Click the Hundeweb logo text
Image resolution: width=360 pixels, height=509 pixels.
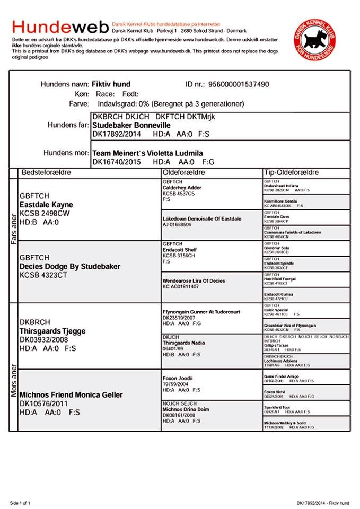click(60, 27)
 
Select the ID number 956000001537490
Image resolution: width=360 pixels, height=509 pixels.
click(239, 84)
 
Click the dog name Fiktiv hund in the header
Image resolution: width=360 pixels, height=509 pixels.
click(111, 84)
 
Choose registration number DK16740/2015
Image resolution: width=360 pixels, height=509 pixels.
click(115, 162)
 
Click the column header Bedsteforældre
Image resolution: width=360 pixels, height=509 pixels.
click(46, 173)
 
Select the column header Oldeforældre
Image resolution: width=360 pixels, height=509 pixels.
click(183, 173)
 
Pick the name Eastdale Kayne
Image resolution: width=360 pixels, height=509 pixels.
click(46, 205)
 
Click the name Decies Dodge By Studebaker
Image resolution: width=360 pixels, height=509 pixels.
click(69, 266)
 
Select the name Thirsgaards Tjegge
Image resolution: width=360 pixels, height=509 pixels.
click(52, 331)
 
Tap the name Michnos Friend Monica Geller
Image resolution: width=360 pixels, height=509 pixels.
click(71, 395)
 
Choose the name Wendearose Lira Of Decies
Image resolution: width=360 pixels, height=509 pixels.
click(194, 280)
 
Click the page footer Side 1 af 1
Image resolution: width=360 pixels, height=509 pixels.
click(21, 502)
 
